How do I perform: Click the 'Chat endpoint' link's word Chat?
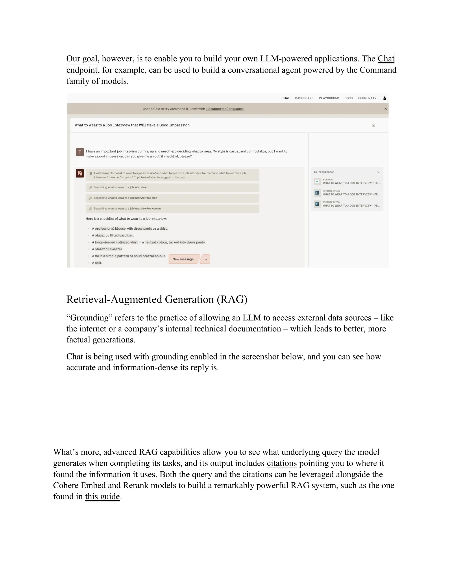(x=386, y=59)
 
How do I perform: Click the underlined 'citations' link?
(x=282, y=463)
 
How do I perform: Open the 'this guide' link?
(x=102, y=497)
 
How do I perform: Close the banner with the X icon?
(x=385, y=109)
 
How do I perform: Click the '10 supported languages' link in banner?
(x=224, y=109)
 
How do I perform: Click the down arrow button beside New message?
(x=206, y=259)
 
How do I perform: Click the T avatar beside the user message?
(x=80, y=152)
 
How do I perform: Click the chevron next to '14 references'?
(x=379, y=172)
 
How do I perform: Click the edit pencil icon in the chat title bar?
(x=373, y=125)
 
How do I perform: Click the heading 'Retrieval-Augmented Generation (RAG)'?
(x=157, y=299)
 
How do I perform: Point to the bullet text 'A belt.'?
(x=97, y=263)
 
